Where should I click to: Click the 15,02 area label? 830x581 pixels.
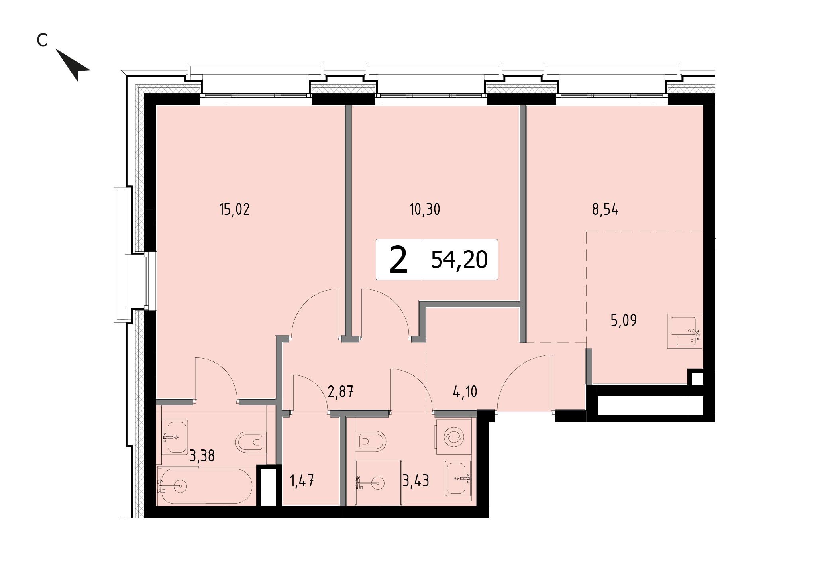click(x=234, y=209)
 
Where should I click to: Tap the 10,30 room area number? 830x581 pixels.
click(x=425, y=209)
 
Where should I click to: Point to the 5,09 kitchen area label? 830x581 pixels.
click(x=624, y=320)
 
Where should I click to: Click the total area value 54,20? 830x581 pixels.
click(x=459, y=260)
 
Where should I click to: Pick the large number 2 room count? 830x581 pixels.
click(x=398, y=259)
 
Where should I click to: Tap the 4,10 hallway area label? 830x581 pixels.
click(x=465, y=392)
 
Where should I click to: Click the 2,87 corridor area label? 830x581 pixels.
click(x=340, y=392)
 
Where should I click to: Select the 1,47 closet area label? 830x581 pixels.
click(x=302, y=481)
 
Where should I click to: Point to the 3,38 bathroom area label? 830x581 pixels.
click(x=202, y=456)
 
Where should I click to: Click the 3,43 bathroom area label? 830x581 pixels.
click(x=416, y=481)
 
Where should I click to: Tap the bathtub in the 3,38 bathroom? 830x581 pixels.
click(x=205, y=486)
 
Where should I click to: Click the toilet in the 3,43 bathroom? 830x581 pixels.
click(x=371, y=442)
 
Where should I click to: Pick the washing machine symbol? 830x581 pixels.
click(x=454, y=437)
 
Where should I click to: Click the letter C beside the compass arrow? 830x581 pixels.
click(x=42, y=40)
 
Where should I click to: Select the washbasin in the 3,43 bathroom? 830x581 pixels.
click(x=458, y=478)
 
